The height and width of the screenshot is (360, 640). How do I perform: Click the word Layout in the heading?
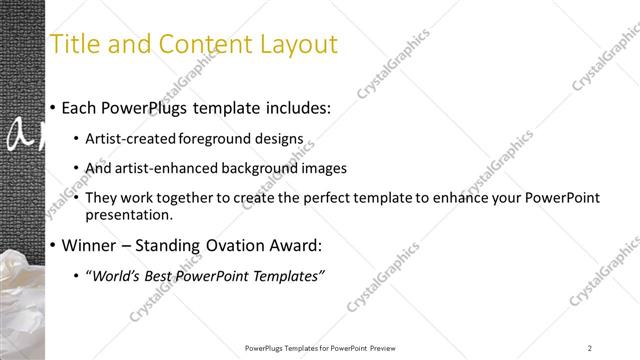pos(300,44)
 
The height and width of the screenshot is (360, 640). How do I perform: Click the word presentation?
pos(131,214)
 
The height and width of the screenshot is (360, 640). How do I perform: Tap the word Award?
pos(299,245)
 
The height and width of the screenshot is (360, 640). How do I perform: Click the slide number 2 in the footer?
pos(590,348)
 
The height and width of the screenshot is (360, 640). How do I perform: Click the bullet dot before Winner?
pos(52,246)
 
